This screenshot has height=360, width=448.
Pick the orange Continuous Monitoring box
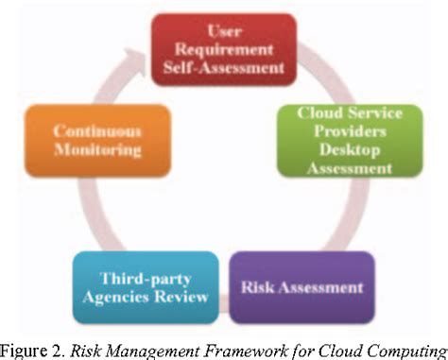click(x=98, y=141)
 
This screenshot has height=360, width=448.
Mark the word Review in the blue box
click(x=168, y=296)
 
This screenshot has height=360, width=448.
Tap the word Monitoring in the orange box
click(x=98, y=149)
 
